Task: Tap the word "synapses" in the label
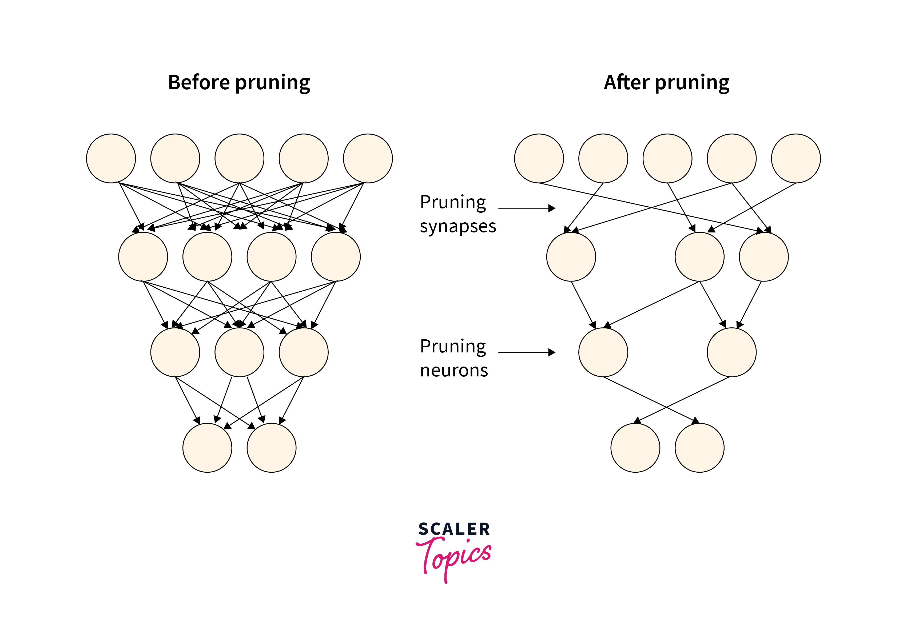[458, 226]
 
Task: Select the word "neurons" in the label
[454, 370]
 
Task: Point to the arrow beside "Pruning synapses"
[527, 208]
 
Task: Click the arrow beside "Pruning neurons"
[527, 352]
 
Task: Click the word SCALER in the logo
[454, 529]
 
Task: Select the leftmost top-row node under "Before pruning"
[111, 158]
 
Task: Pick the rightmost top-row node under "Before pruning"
[368, 158]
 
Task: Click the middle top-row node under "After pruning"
[667, 158]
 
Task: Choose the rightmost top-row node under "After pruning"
[795, 158]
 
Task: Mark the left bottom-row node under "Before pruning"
[207, 448]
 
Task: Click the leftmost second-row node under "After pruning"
[571, 256]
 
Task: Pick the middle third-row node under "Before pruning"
[239, 352]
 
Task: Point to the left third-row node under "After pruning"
[603, 352]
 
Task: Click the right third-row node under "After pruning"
[732, 352]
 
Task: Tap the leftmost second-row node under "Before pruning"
[143, 256]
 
